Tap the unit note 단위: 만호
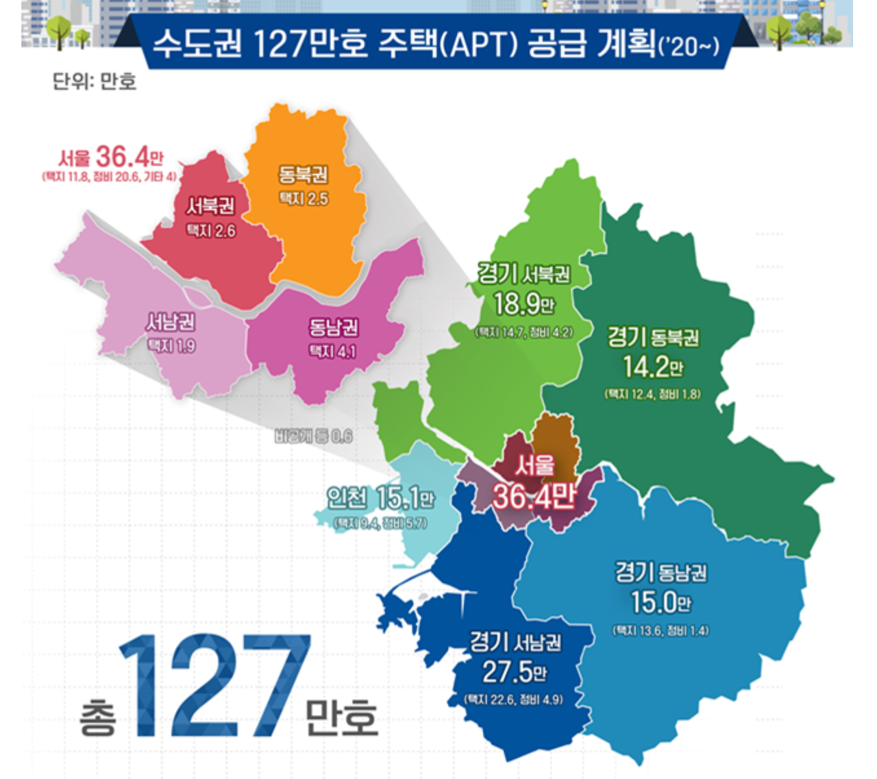point(95,82)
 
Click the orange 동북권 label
point(303,175)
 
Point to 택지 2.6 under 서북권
point(211,231)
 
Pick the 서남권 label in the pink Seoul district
point(171,321)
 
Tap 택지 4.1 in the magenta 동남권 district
point(333,351)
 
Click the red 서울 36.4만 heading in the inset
point(111,157)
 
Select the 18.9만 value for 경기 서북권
point(524,304)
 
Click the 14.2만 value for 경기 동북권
point(653,367)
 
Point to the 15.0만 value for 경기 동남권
point(661,603)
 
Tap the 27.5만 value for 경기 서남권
point(515,671)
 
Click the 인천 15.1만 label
point(380,498)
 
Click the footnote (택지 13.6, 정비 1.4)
point(660,630)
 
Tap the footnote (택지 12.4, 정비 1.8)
point(652,394)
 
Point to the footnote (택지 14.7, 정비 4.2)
point(524,332)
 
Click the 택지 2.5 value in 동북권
point(304,199)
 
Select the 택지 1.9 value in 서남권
point(171,346)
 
